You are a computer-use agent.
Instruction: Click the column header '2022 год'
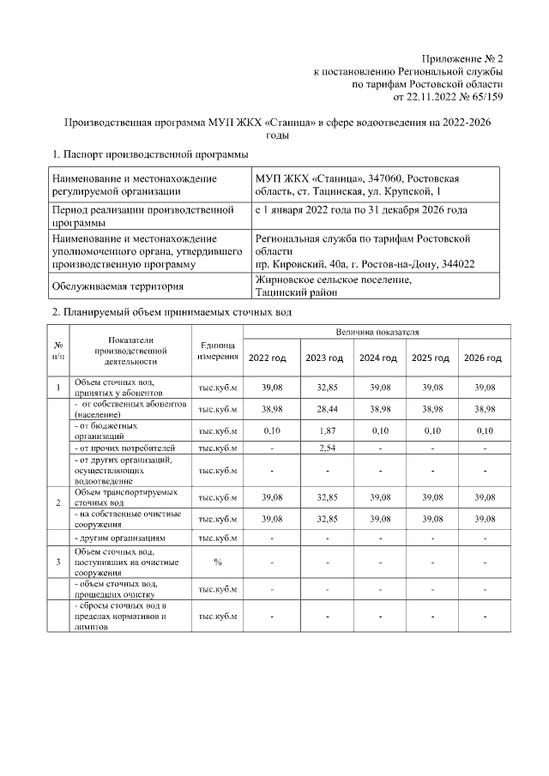coord(267,358)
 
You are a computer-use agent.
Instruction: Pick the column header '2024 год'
coord(377,358)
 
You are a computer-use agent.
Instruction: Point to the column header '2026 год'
coord(483,358)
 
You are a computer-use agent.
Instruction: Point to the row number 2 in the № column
coord(57,502)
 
